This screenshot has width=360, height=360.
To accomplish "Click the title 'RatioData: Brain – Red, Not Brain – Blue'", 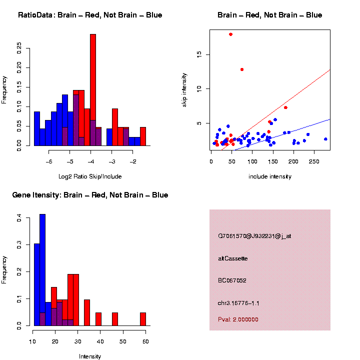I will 90,15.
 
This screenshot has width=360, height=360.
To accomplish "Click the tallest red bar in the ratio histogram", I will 92,90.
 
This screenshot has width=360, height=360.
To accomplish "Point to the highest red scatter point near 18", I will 230,34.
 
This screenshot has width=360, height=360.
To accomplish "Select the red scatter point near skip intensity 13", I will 242,69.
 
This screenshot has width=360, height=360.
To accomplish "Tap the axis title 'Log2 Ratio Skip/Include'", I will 90,176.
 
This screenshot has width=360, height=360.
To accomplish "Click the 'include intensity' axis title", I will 270,176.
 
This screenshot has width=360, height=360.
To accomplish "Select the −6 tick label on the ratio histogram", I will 48,162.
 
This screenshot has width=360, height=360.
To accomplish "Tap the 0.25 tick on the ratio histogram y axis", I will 19,47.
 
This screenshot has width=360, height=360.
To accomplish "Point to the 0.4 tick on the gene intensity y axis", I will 19,218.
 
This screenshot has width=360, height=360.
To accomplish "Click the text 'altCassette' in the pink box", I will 233,258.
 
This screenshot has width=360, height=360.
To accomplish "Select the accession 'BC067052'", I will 232,280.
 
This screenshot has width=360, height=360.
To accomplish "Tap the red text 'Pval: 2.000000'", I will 238,319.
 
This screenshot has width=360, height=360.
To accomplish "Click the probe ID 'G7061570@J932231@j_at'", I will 254,236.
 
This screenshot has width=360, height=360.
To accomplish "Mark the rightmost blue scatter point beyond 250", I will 325,139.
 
